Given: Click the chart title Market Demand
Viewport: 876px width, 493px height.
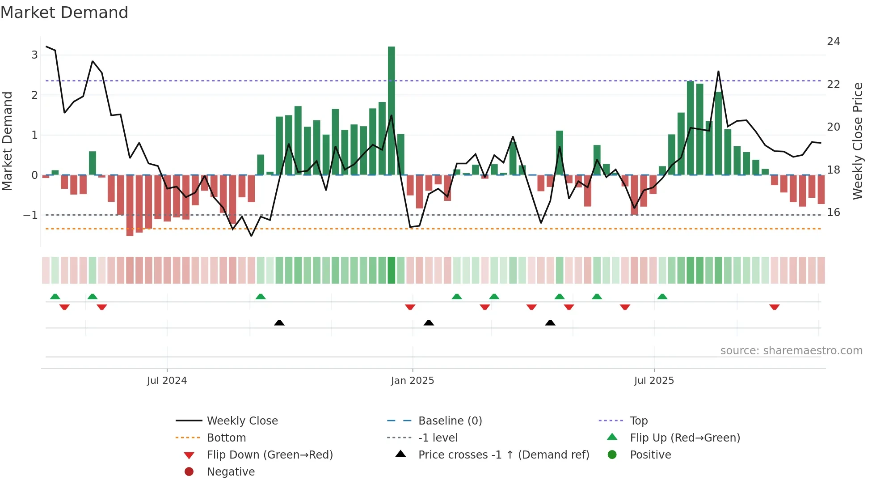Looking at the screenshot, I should (x=64, y=13).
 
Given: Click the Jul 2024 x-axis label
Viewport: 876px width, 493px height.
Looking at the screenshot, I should (x=167, y=381).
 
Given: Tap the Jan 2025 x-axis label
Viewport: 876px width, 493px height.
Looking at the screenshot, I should (x=412, y=381).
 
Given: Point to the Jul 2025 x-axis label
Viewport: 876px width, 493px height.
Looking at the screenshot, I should (x=654, y=381).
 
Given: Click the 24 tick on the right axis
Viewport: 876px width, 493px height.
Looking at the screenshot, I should (x=834, y=42).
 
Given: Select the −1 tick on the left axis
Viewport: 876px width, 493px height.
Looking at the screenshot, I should (x=31, y=215).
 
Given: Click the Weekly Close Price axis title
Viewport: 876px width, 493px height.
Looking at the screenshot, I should (x=857, y=141).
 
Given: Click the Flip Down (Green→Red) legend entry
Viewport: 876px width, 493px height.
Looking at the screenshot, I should (x=270, y=455).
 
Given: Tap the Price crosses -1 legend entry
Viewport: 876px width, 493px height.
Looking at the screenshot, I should (x=503, y=455).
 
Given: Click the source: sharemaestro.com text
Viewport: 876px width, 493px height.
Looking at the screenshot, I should (x=791, y=351).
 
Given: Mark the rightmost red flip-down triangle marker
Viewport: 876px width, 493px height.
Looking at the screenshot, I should (x=775, y=307).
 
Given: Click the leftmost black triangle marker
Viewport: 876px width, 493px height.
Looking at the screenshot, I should (x=279, y=323).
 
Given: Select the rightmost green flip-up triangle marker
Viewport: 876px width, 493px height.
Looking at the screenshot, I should (x=662, y=297).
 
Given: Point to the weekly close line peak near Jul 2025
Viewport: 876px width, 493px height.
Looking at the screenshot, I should (x=718, y=72).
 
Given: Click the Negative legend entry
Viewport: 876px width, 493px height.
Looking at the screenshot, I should (x=231, y=472).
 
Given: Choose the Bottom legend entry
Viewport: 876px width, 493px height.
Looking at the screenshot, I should (x=226, y=438).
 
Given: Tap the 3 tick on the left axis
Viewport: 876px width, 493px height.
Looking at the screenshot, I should (x=34, y=55).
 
